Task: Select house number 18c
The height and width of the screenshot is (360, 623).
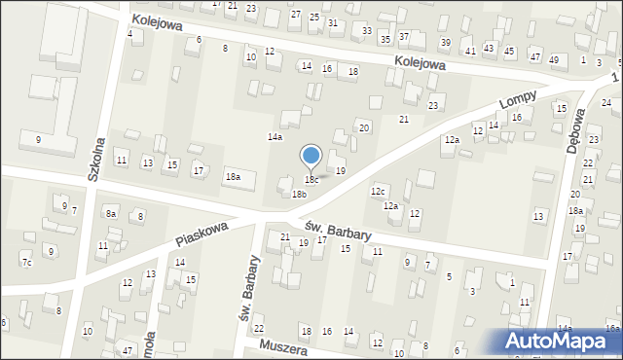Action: (x=311, y=180)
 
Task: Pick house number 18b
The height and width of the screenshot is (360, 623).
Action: (x=299, y=195)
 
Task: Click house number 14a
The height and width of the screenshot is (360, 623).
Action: (x=275, y=137)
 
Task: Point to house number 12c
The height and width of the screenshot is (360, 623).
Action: (x=378, y=191)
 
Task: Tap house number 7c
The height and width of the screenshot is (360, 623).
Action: (x=26, y=263)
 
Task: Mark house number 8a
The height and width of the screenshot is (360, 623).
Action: (x=111, y=214)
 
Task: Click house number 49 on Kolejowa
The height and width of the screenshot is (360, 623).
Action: (x=553, y=60)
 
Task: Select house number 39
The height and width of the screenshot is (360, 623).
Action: (x=445, y=43)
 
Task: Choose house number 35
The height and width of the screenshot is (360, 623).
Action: (x=385, y=39)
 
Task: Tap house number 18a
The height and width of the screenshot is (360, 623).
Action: (x=234, y=177)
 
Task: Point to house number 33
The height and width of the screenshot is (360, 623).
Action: (x=366, y=31)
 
